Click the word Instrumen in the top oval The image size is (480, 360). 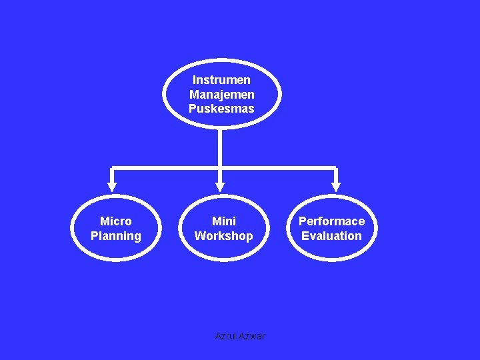coord(221,80)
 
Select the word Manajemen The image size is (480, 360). coord(221,95)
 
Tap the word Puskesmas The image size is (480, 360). coord(221,109)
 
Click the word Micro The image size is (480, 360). coord(116,221)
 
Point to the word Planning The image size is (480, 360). coord(116,236)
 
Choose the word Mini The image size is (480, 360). coord(224,221)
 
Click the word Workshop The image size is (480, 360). coord(224,236)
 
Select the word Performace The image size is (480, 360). coord(331,221)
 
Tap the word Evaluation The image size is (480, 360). coord(331,236)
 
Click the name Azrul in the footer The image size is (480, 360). coord(226,336)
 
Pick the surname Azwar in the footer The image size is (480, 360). coord(252,336)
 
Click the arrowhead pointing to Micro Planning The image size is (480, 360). coord(112,187)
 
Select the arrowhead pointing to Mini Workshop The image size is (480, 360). coord(220,187)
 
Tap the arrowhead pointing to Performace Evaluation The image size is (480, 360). coord(336,187)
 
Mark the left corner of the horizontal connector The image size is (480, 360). coord(112,167)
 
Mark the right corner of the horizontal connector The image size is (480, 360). coord(336,167)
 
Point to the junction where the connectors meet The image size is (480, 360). coord(220,167)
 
